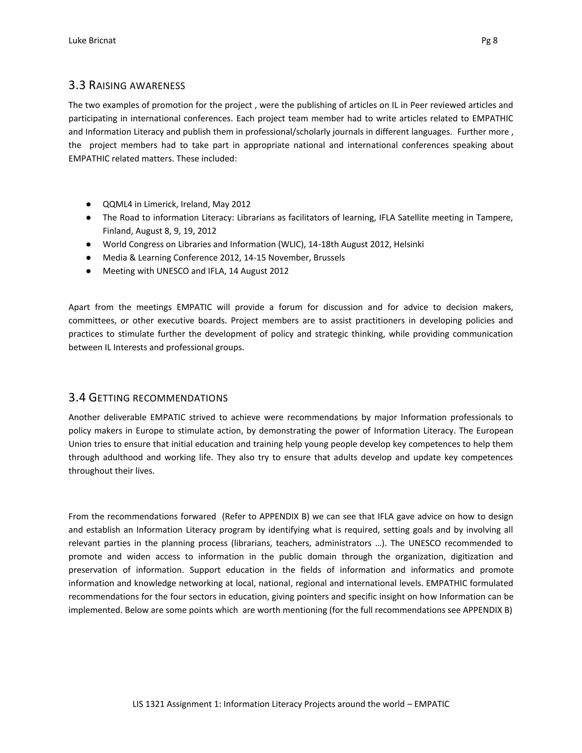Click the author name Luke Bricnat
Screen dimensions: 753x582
[x=92, y=41]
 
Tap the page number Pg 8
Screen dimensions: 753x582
[x=489, y=41]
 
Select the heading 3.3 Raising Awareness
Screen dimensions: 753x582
[x=126, y=86]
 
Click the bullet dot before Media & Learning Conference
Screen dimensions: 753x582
[x=89, y=258]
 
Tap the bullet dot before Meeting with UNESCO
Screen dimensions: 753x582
[x=89, y=271]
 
